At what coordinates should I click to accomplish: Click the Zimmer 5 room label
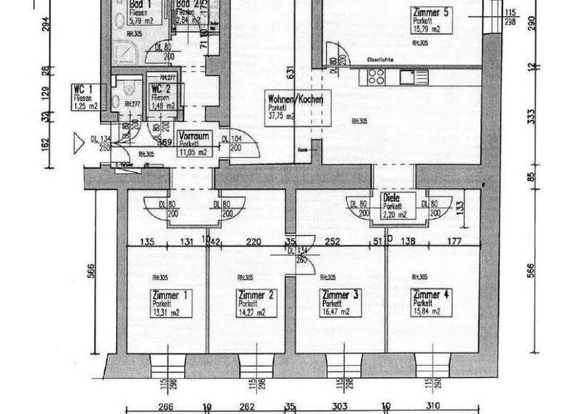[x=433, y=13]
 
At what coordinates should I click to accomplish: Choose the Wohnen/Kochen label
[x=294, y=98]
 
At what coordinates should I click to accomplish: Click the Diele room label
[x=392, y=198]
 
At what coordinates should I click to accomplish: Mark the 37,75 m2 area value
[x=281, y=116]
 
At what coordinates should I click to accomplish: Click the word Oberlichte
[x=379, y=59]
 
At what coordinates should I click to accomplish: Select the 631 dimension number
[x=292, y=72]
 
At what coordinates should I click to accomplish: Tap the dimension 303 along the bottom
[x=339, y=406]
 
